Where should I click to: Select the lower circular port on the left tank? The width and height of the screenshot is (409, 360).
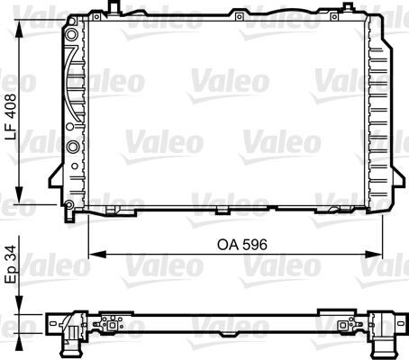pos(72,146)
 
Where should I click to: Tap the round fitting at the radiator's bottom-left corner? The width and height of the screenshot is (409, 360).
pos(69,206)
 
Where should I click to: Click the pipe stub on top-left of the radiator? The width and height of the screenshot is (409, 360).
pos(112,8)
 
